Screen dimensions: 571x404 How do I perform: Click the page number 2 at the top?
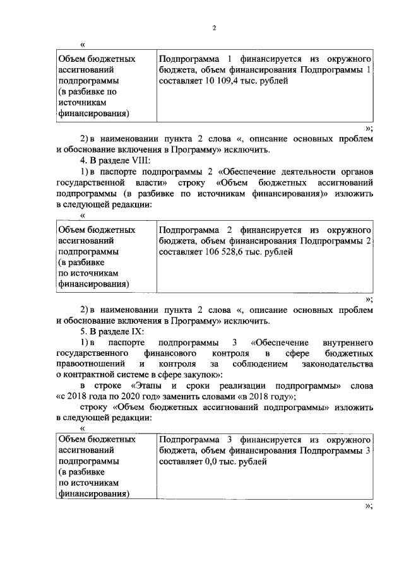(214, 28)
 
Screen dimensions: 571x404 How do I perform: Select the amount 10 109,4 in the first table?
(220, 81)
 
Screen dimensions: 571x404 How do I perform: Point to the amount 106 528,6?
(224, 252)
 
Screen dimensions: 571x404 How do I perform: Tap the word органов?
(356, 172)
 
